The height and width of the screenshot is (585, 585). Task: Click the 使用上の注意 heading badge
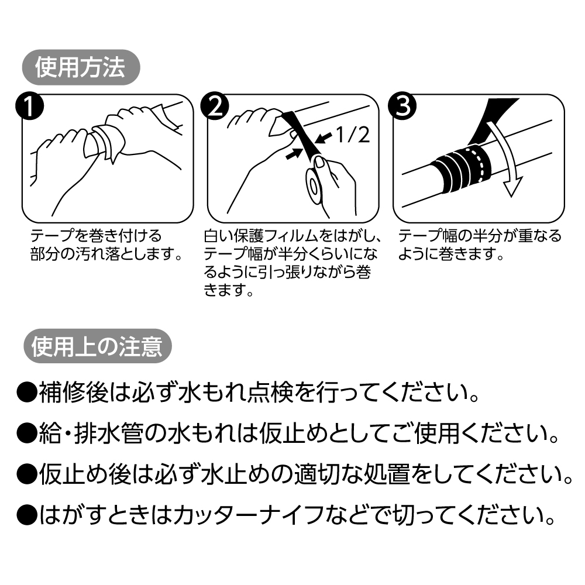coord(97,347)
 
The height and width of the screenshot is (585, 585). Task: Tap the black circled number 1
coord(29,107)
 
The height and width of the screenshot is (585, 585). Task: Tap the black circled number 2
coord(215,107)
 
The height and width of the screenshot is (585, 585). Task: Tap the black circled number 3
coord(403,107)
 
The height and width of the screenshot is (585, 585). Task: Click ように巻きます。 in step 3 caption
coord(451,255)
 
